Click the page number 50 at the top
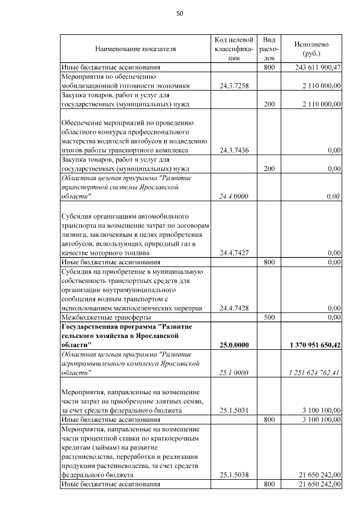pos(180,13)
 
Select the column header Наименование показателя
pos(136,49)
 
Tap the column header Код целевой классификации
pos(234,48)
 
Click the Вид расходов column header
pos(269,48)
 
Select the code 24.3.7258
pos(234,85)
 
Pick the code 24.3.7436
pos(234,150)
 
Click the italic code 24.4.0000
pos(234,196)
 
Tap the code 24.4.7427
pos(234,253)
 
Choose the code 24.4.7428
pos(234,308)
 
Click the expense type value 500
pos(269,317)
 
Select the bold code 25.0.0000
pos(234,344)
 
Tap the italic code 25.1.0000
pos(234,372)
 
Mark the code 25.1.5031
pos(234,411)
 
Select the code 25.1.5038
pos(234,475)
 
